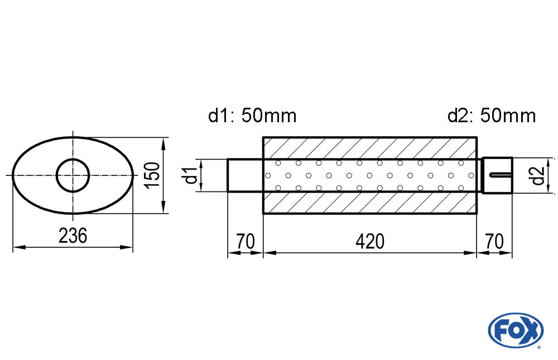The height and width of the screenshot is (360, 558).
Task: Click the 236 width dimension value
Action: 73,236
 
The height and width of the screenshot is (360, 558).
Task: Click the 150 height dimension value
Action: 152,175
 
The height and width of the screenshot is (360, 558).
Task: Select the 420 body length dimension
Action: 369,242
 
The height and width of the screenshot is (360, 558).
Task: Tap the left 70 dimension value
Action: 246,242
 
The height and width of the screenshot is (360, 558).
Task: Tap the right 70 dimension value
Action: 494,242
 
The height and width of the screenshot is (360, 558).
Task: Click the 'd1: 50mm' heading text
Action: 252,116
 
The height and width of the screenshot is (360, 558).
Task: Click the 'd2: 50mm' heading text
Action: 492,116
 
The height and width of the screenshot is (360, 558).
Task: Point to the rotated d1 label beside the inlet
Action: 191,175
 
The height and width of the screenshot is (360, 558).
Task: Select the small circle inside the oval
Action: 73,175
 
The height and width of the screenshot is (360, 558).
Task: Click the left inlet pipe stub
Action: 244,175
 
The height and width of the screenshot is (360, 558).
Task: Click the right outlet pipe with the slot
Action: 497,175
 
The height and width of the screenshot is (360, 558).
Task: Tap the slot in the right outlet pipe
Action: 501,176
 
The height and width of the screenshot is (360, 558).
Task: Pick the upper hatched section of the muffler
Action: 369,148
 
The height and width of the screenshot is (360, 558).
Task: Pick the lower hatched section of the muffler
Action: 369,203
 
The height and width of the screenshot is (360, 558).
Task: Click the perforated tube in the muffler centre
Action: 369,175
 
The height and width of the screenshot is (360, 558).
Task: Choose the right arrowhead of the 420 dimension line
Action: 473,253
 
